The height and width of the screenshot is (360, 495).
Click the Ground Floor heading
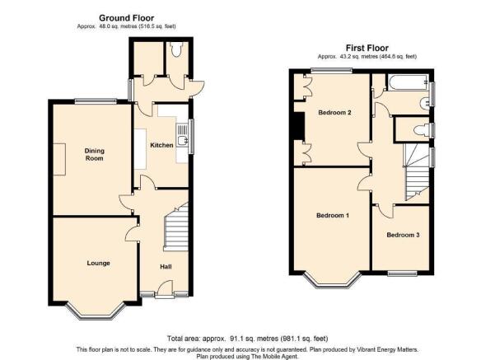tap(127, 18)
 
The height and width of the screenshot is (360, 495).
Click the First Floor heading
tap(367, 48)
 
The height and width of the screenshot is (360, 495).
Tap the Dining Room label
tap(95, 154)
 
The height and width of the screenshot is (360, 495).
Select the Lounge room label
tap(99, 263)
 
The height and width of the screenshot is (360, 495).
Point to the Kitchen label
tap(161, 145)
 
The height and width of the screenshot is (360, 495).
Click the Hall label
tap(166, 267)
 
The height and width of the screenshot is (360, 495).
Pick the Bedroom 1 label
tap(333, 215)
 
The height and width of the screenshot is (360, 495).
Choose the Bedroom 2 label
tap(334, 112)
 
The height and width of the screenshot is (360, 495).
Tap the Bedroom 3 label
tap(403, 235)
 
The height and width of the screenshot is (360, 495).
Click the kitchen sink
tap(181, 135)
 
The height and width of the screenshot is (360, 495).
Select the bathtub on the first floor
tap(408, 82)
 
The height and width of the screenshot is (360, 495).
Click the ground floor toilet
tap(176, 49)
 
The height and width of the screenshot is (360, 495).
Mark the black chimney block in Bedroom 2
tap(297, 126)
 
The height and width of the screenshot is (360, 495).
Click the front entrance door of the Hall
tap(165, 289)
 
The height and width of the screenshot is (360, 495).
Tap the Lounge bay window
tap(96, 311)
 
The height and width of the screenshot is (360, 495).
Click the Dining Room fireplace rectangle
tap(59, 159)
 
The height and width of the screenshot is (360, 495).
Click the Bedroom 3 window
tap(403, 274)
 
